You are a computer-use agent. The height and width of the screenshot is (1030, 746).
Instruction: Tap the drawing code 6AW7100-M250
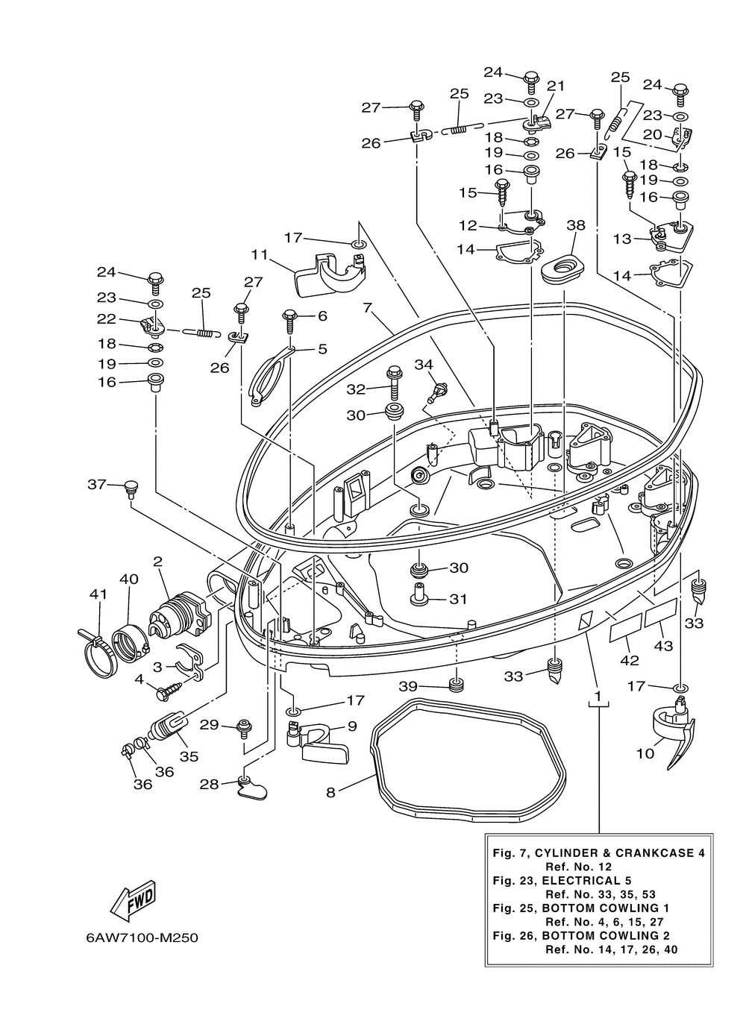pos(142,938)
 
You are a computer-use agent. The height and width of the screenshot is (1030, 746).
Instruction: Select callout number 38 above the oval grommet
pos(576,225)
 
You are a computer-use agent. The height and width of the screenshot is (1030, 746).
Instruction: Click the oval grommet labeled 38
pos(562,267)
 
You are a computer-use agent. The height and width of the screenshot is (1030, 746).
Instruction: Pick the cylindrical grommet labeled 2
pos(180,612)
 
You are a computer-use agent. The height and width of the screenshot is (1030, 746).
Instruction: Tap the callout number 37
pos(97,484)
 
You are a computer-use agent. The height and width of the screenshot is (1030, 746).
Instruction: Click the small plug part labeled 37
pos(131,489)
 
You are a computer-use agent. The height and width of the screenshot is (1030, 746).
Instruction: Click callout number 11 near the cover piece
pos(260,254)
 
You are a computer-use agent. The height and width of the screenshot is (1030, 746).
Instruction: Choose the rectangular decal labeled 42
pos(625,627)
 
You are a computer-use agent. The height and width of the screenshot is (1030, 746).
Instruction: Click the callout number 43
pos(663,646)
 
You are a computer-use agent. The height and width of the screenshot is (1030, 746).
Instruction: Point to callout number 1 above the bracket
pos(598,697)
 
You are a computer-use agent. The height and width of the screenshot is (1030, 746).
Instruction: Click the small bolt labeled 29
pos(243,729)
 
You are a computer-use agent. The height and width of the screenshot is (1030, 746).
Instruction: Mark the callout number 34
pos(424,365)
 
